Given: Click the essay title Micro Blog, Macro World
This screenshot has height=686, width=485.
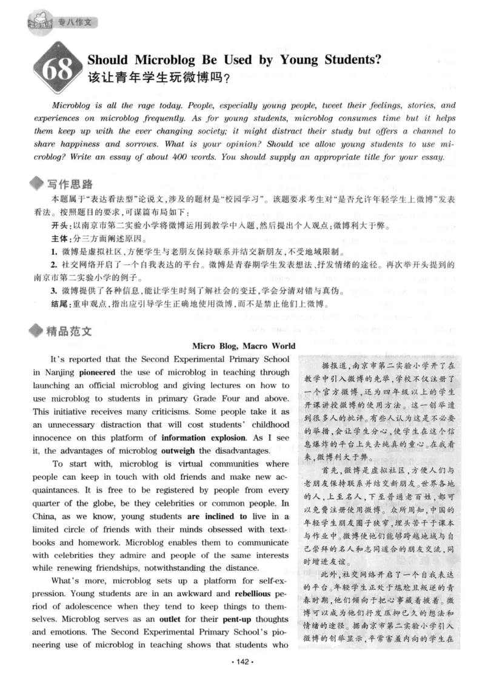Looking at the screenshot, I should coord(244,346).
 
